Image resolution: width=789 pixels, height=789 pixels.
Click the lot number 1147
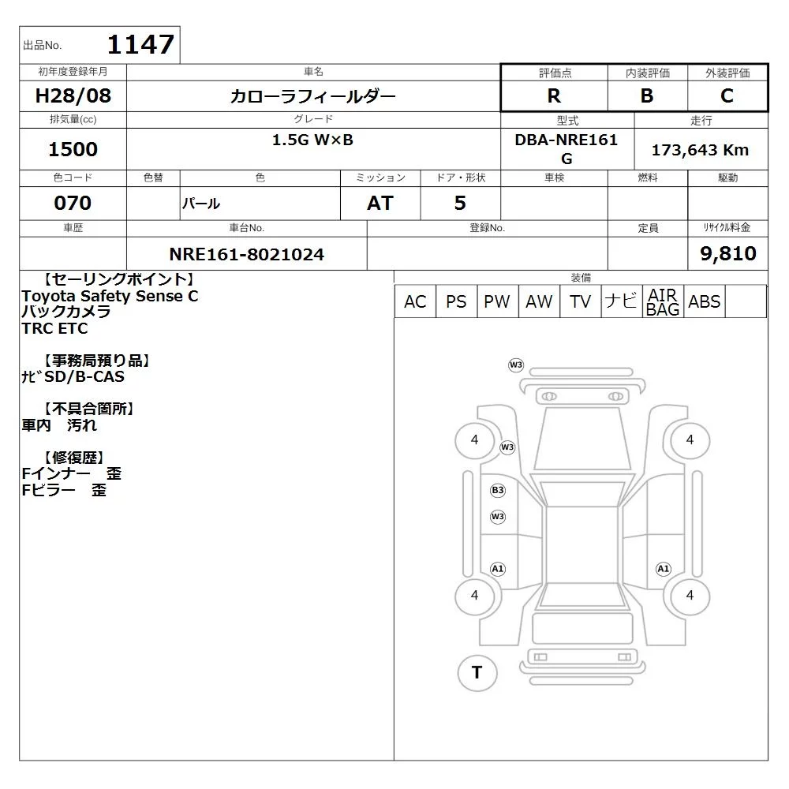click(141, 44)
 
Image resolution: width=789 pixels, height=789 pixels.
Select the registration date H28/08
click(73, 95)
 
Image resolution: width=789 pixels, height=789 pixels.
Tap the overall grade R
click(554, 95)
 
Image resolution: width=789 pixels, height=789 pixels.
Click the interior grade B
click(647, 95)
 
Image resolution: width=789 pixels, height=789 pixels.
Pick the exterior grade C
click(727, 95)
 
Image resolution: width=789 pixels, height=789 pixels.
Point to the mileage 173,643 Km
click(700, 150)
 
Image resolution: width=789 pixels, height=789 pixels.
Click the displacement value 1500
click(73, 149)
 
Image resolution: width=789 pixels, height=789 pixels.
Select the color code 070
click(73, 203)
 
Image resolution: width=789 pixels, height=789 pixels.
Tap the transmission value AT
click(380, 203)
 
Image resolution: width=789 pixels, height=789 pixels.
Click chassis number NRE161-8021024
click(246, 254)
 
